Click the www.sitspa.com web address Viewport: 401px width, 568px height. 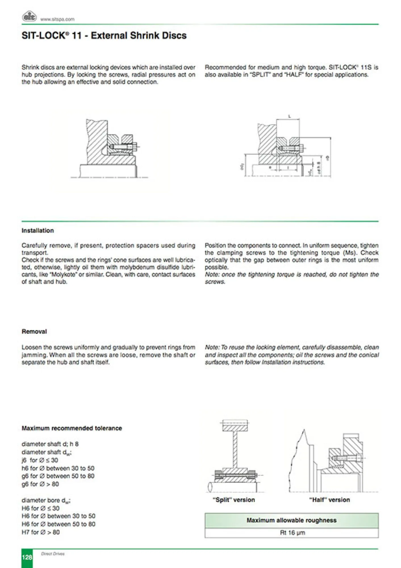click(x=57, y=19)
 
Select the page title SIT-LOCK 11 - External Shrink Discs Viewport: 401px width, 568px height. click(x=104, y=35)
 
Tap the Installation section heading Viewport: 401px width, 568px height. click(x=37, y=231)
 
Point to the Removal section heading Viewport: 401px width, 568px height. click(x=34, y=331)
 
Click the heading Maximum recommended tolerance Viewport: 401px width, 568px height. click(x=72, y=428)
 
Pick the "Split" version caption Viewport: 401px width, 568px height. click(x=234, y=500)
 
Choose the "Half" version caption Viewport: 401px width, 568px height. click(x=329, y=500)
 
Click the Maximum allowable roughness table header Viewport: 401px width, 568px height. click(x=291, y=520)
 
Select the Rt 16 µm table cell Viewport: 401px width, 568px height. click(x=292, y=533)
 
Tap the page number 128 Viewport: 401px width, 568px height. click(x=27, y=557)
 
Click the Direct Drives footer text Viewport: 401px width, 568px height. click(x=53, y=554)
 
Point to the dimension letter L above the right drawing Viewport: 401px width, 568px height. click(x=289, y=116)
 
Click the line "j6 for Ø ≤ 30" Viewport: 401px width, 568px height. click(x=40, y=460)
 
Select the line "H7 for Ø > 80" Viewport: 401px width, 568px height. click(x=41, y=532)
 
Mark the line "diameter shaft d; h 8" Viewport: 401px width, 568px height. click(x=50, y=444)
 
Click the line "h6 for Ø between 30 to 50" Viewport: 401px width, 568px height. click(x=58, y=468)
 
